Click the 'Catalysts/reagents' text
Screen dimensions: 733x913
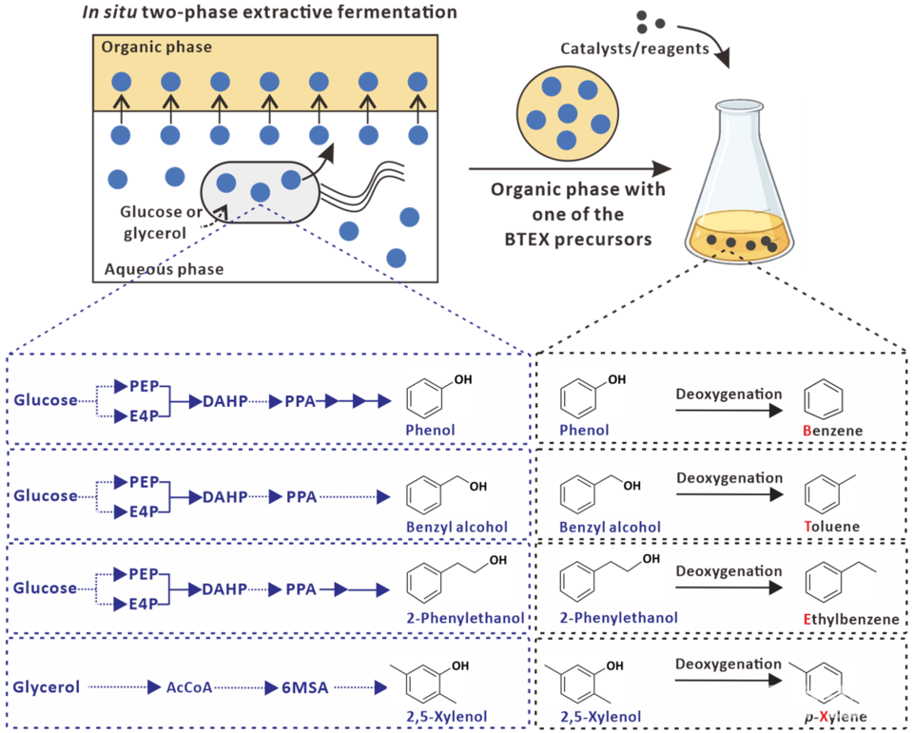pos(634,48)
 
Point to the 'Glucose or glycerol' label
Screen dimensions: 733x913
pos(162,220)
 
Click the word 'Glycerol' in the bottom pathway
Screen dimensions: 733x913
pos(45,685)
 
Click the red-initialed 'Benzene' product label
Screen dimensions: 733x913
pos(833,431)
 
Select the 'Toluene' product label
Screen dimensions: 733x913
pos(831,526)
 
